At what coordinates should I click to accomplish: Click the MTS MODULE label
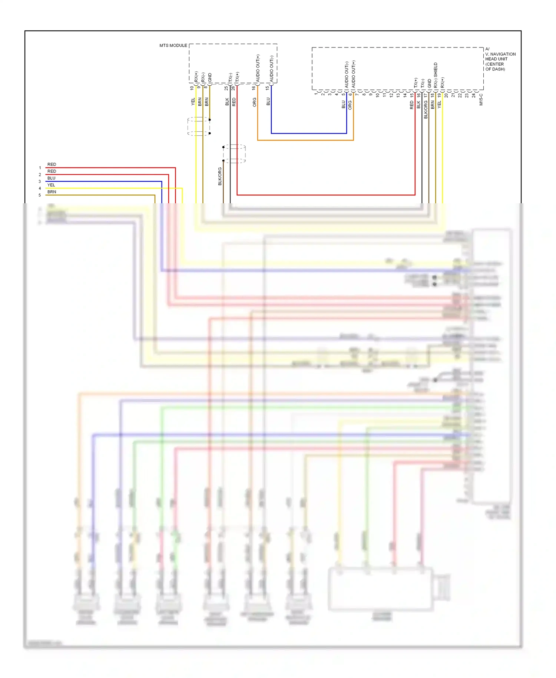(173, 46)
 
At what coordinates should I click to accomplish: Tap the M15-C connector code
(481, 99)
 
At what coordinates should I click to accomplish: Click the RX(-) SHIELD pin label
(436, 75)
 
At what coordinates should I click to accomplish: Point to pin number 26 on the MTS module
(233, 88)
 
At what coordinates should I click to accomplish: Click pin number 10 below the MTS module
(192, 88)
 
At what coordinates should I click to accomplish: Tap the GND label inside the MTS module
(210, 78)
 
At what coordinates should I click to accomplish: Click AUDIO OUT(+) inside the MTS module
(258, 68)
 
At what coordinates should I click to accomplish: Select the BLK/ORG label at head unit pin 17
(426, 109)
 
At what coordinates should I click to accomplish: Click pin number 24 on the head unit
(474, 95)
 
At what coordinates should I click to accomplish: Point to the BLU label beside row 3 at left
(51, 178)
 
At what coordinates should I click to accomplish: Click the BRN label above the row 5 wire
(52, 192)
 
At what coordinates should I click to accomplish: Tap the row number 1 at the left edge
(40, 168)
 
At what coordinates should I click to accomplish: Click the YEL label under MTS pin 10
(193, 102)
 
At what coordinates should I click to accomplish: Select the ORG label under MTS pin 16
(255, 102)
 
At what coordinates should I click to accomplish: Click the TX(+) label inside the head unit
(416, 83)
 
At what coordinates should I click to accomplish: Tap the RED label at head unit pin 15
(412, 105)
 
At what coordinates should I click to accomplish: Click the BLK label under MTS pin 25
(227, 102)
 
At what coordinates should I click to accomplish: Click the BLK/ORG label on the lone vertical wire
(220, 176)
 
